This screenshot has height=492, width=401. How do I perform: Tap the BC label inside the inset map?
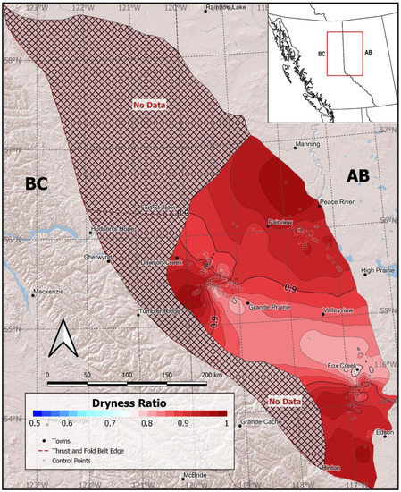pyautogui.click(x=321, y=55)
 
